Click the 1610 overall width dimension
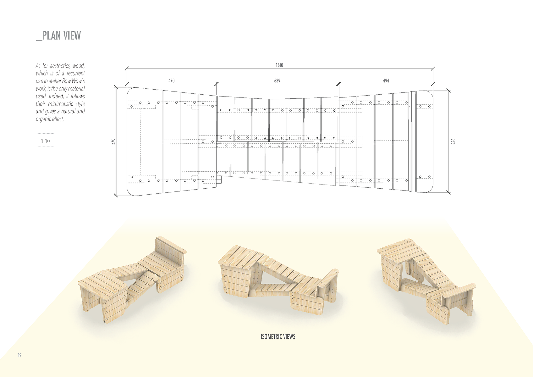click(279, 65)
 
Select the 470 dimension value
click(171, 81)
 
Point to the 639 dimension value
click(277, 81)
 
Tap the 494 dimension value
click(386, 81)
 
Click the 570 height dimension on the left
click(113, 141)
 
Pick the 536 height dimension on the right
click(453, 141)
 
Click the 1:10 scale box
click(45, 140)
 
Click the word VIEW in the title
click(72, 36)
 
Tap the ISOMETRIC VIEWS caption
click(278, 336)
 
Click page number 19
click(19, 355)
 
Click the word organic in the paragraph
click(43, 119)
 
